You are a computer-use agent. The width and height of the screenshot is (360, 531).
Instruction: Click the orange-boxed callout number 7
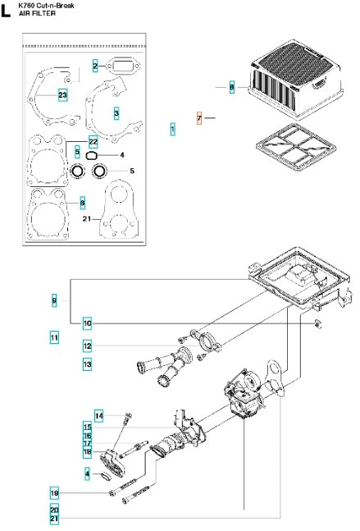pyautogui.click(x=199, y=118)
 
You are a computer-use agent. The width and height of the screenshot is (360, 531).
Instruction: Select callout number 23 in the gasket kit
pyautogui.click(x=62, y=95)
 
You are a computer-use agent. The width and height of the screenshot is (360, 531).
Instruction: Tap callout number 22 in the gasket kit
pyautogui.click(x=93, y=141)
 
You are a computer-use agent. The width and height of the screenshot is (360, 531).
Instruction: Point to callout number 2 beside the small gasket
pyautogui.click(x=95, y=66)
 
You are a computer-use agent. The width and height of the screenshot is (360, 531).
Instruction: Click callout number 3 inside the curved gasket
pyautogui.click(x=116, y=113)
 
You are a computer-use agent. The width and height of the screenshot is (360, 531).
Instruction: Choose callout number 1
pyautogui.click(x=172, y=129)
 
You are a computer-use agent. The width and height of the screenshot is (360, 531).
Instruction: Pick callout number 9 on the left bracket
pyautogui.click(x=54, y=300)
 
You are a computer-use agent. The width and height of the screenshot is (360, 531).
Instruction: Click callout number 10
pyautogui.click(x=87, y=323)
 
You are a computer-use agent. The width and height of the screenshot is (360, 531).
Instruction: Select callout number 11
pyautogui.click(x=54, y=337)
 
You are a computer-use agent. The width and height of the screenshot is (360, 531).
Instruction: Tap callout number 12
pyautogui.click(x=87, y=346)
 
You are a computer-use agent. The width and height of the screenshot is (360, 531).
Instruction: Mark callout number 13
pyautogui.click(x=87, y=364)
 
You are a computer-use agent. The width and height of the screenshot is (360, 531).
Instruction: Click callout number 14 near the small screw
pyautogui.click(x=98, y=415)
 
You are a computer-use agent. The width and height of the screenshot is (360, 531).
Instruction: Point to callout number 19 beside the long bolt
pyautogui.click(x=54, y=493)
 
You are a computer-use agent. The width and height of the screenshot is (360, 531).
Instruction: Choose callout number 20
pyautogui.click(x=54, y=510)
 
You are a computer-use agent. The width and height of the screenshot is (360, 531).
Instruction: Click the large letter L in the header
pyautogui.click(x=6, y=11)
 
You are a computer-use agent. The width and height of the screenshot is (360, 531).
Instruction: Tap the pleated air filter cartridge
pyautogui.click(x=296, y=80)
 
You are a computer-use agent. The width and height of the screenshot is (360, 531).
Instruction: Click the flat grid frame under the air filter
pyautogui.click(x=296, y=148)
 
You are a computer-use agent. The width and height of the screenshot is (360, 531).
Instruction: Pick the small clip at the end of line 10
pyautogui.click(x=317, y=323)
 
